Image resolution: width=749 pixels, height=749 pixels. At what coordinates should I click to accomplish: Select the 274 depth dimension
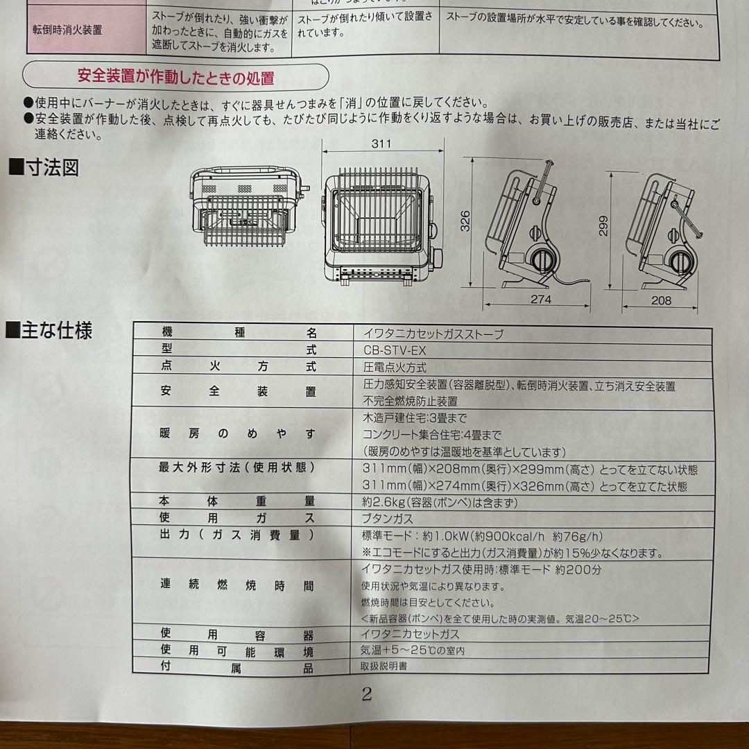(540, 300)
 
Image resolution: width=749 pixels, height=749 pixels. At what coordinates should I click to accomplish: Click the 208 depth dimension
(662, 300)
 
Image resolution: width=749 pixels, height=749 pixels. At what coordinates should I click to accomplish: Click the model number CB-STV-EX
(395, 350)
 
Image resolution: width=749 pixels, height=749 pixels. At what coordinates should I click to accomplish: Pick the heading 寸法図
(48, 168)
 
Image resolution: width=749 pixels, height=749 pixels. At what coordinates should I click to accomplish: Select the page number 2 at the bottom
(367, 694)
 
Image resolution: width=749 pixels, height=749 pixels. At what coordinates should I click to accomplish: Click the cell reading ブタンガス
(388, 518)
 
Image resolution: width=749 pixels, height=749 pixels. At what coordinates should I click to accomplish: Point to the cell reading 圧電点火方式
(395, 368)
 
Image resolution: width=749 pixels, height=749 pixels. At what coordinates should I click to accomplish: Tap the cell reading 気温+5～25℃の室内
(412, 651)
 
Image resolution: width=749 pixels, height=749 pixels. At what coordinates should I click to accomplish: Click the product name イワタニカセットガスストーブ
(433, 334)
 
